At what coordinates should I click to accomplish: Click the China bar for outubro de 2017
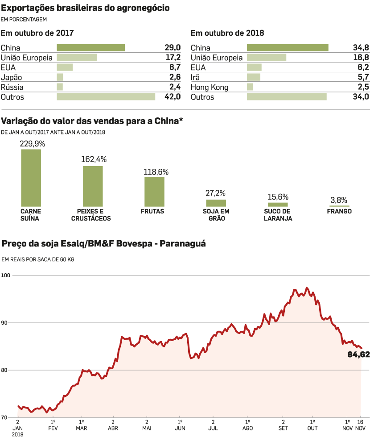coord(90,48)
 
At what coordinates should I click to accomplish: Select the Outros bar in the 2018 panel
coord(287,97)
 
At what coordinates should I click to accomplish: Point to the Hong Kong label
coord(210,87)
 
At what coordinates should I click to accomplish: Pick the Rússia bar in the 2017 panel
coord(60,87)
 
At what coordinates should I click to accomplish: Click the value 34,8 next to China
coord(361,48)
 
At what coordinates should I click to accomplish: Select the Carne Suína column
coord(31,178)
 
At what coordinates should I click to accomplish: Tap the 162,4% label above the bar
coord(94,159)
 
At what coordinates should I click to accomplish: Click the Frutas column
coord(154,192)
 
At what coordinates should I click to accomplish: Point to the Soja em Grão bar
coord(216,203)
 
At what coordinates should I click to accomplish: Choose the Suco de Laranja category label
coord(277,215)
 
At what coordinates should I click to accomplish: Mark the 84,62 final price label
coord(358,355)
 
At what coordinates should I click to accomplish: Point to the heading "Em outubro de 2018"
coord(227,33)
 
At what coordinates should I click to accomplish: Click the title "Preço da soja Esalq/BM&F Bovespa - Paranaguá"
coord(103,244)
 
